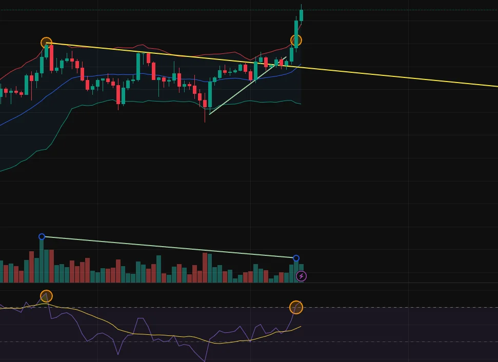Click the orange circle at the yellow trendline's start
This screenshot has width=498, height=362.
click(x=46, y=43)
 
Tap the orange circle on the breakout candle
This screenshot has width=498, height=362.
click(x=296, y=40)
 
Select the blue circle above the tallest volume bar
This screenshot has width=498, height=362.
click(x=42, y=236)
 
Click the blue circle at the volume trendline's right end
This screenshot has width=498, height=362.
click(x=296, y=258)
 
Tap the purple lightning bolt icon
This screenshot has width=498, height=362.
click(x=302, y=276)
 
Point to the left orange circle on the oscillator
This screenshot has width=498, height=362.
click(x=46, y=296)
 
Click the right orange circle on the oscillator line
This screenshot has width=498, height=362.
click(x=296, y=307)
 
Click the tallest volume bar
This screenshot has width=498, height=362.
click(x=42, y=262)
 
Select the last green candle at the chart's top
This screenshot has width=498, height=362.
click(x=301, y=15)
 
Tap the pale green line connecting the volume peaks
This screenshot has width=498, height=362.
click(x=169, y=247)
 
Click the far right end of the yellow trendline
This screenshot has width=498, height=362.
click(x=495, y=86)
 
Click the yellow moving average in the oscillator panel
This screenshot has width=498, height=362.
click(x=128, y=333)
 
